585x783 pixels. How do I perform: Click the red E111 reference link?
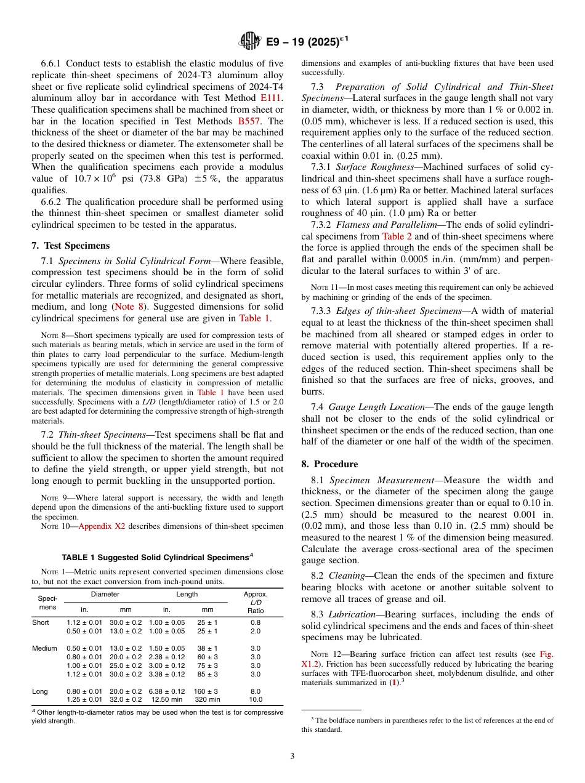270,98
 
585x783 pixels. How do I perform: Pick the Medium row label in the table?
44,648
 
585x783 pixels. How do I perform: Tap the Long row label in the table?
40,691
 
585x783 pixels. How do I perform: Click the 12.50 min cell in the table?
167,699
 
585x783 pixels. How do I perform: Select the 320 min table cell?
208,699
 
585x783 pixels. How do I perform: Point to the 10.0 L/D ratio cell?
256,699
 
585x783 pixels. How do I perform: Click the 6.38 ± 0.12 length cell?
167,691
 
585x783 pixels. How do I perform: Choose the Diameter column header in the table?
105,595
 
